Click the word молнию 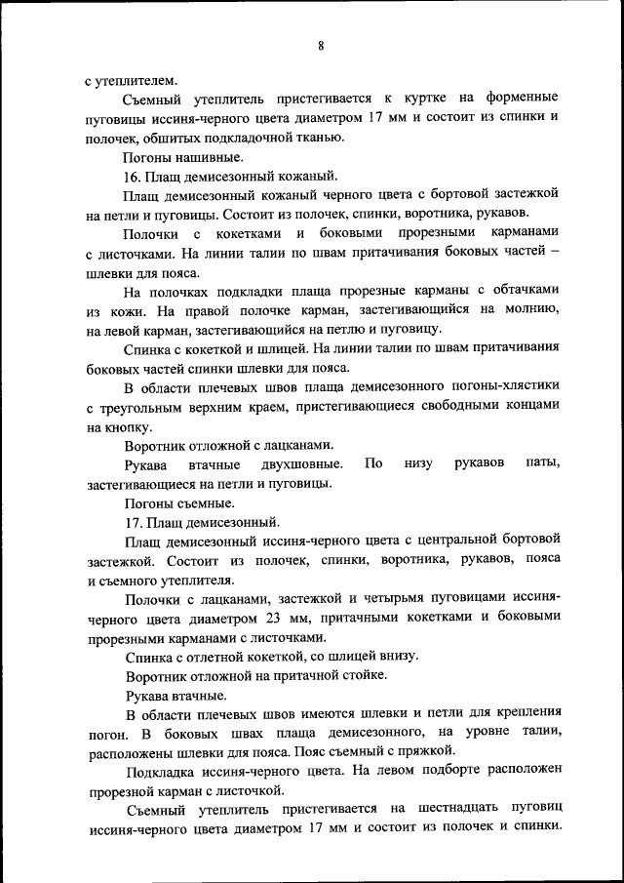point(532,309)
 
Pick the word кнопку point(118,426)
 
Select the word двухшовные point(301,463)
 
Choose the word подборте point(435,771)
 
